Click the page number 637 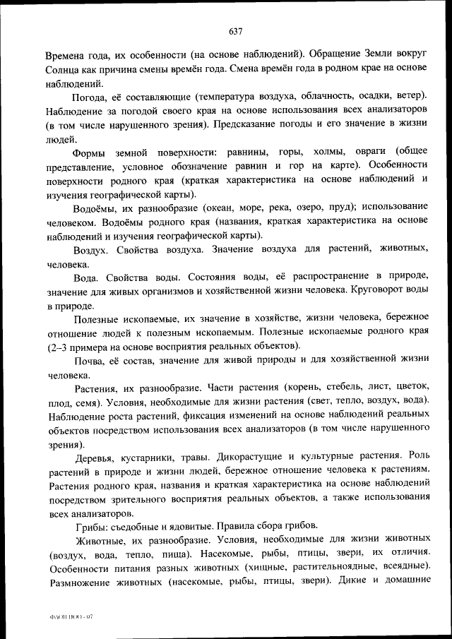[x=236, y=31]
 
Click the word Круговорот [x=374, y=290]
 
